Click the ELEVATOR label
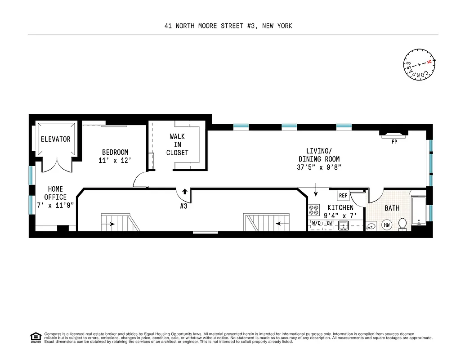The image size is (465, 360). coord(56,139)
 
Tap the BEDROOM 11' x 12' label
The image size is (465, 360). coord(115,156)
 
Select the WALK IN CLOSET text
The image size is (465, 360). coord(177,144)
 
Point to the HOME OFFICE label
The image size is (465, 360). coord(55,197)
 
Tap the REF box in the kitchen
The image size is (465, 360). coord(343,196)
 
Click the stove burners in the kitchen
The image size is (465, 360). coord(314,211)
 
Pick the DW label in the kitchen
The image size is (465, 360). coord(330,223)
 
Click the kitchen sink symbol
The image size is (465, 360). coord(344,225)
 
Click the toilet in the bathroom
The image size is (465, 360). coord(402,224)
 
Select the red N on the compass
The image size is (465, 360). coord(429,62)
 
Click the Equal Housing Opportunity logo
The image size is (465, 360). coord(36,337)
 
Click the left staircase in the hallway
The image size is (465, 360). coord(119,223)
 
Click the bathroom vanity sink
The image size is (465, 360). coord(371,226)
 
